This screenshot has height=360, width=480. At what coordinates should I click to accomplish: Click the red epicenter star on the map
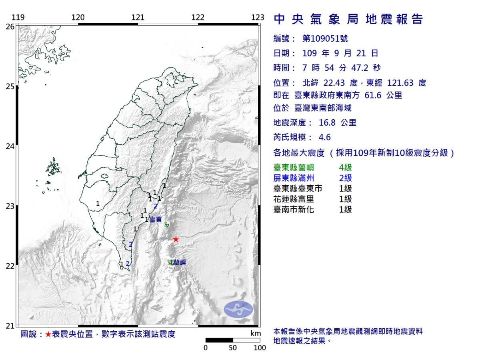176,239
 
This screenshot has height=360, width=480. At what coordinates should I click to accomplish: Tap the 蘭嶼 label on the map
179,263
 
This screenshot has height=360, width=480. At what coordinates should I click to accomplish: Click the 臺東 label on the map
156,220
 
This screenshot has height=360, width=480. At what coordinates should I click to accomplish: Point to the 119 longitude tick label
18,17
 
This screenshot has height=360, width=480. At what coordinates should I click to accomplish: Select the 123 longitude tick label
258,17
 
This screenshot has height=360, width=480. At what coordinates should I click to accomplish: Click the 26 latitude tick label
10,26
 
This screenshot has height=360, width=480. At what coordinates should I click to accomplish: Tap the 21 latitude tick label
10,326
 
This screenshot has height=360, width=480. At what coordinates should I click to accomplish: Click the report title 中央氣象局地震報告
348,19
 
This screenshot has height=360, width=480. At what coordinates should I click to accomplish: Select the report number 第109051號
324,38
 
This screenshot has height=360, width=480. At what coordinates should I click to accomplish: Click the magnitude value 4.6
324,137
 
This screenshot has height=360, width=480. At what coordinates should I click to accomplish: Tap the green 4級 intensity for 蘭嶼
345,168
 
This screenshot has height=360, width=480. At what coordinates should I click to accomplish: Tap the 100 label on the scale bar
260,348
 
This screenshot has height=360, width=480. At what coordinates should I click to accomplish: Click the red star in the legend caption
48,334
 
